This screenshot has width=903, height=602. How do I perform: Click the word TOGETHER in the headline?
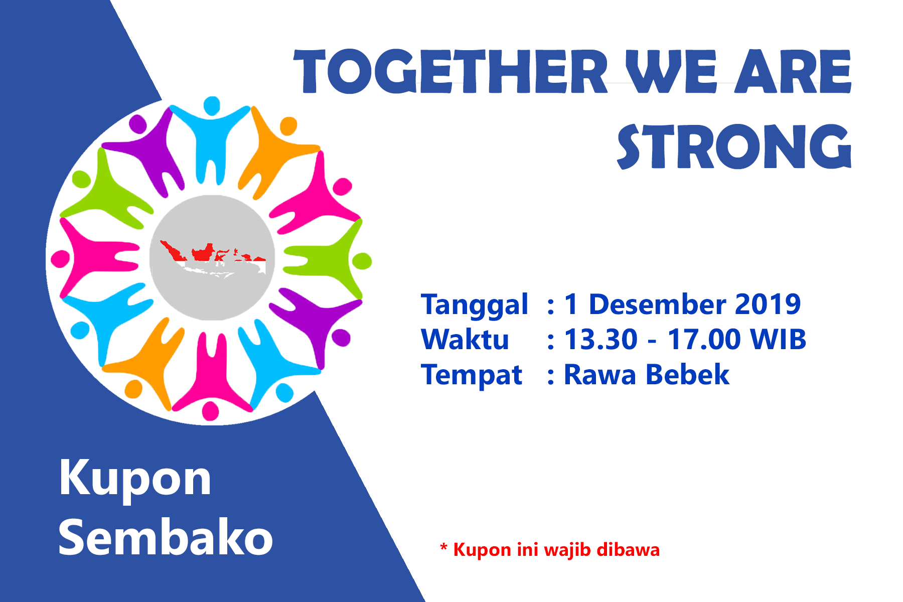tap(450, 71)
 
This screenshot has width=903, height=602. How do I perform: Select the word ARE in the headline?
tap(793, 71)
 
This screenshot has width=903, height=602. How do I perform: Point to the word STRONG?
tap(734, 146)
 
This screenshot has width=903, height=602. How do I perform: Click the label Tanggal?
tap(475, 305)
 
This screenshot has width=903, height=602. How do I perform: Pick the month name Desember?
tap(657, 304)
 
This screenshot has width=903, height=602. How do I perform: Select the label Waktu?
tap(465, 339)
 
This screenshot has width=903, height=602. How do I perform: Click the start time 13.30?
tap(601, 339)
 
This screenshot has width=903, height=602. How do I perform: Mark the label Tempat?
tap(472, 375)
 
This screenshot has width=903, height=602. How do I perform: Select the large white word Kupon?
tap(135, 479)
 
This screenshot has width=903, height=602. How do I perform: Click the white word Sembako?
tap(166, 537)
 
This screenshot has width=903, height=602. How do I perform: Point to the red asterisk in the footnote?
tap(443, 547)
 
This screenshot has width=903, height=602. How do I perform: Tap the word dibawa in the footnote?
tap(628, 549)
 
